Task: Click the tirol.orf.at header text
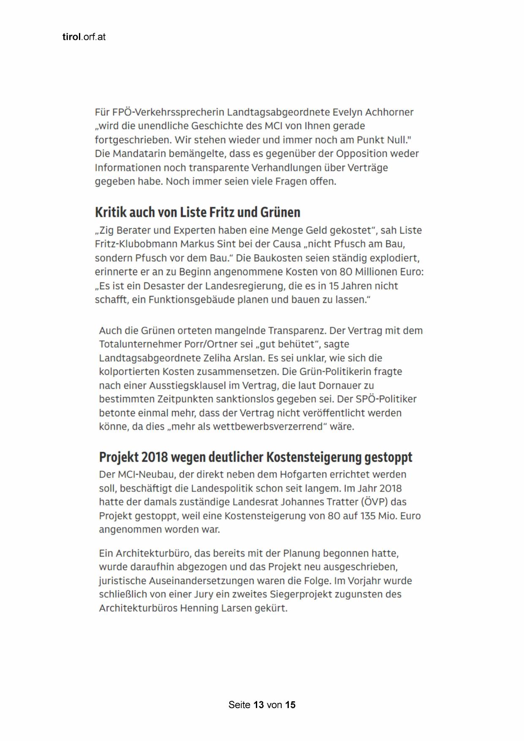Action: click(x=84, y=37)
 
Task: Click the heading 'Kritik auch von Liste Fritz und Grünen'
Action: click(x=197, y=212)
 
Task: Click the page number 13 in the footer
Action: click(x=258, y=705)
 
